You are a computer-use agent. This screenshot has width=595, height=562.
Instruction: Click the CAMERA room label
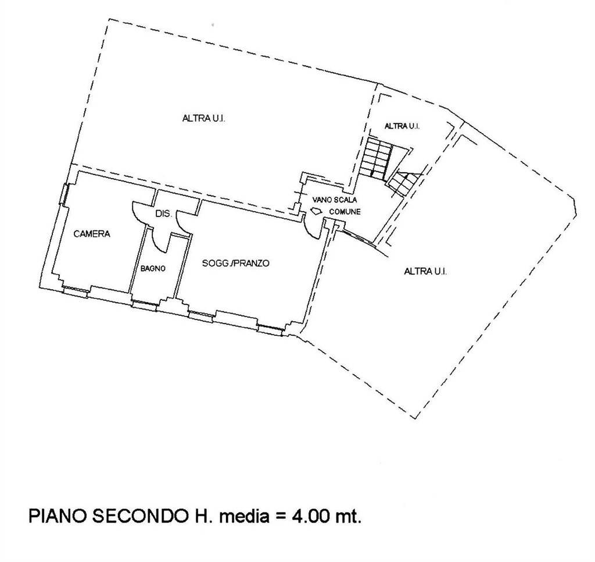tap(92, 234)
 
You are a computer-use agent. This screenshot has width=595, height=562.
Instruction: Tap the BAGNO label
tap(153, 269)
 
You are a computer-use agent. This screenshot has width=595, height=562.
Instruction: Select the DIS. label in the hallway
tap(164, 214)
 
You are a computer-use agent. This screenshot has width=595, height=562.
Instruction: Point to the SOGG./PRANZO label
tap(236, 263)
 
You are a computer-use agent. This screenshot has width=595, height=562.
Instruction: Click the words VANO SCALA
tap(334, 200)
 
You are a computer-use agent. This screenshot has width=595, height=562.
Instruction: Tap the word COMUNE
tap(345, 212)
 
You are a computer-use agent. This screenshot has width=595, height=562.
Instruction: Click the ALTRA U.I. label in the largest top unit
tap(204, 119)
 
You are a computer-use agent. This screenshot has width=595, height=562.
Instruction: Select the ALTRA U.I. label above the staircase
tap(402, 126)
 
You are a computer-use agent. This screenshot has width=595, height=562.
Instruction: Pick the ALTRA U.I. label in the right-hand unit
tap(425, 271)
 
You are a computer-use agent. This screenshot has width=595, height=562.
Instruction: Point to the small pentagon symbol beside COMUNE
tap(316, 212)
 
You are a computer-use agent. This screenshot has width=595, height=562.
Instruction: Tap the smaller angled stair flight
tap(404, 183)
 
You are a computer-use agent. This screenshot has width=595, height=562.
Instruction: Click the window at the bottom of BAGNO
tap(144, 303)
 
